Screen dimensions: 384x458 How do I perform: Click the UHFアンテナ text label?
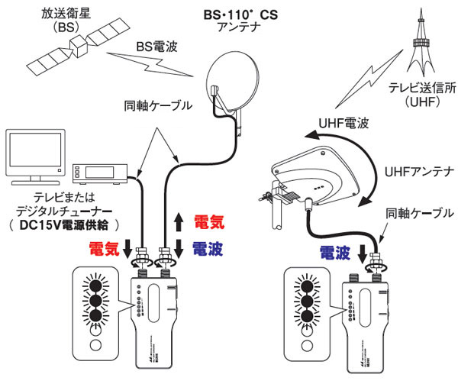coord(417,173)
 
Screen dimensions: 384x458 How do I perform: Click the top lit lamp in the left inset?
coord(96,284)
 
